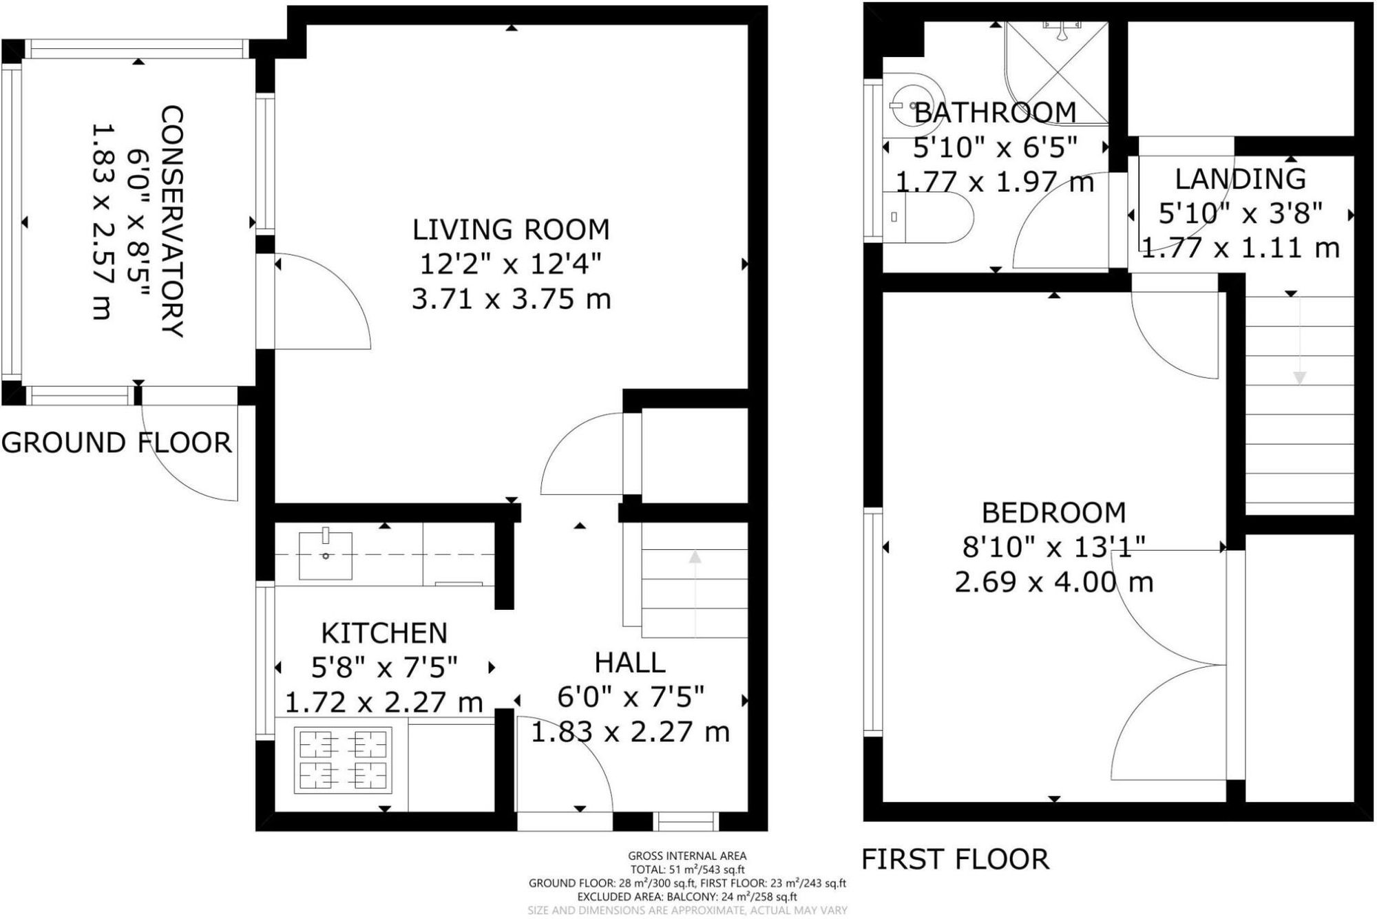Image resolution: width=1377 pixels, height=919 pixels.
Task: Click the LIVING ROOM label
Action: (511, 230)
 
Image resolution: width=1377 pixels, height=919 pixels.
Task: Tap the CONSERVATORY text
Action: (171, 221)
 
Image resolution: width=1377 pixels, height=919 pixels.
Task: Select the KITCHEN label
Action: (384, 633)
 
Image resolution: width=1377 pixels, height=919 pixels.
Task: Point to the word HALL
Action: (630, 663)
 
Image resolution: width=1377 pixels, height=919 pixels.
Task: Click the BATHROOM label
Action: (995, 112)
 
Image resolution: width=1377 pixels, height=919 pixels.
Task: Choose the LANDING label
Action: (1240, 179)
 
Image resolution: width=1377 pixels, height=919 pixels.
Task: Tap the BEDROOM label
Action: (1053, 513)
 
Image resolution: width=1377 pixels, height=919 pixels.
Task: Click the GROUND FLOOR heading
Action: (116, 443)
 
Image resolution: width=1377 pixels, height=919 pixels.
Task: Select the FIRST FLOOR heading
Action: (956, 859)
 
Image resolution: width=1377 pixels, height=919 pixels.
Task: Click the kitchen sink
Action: (326, 554)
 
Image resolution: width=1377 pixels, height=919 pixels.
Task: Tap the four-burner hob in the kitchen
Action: (343, 759)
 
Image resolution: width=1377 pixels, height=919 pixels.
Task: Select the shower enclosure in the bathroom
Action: (1056, 72)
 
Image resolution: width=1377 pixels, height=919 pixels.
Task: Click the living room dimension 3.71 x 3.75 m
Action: (511, 299)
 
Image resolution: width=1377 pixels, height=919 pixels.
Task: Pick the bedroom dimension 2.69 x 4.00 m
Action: (1053, 582)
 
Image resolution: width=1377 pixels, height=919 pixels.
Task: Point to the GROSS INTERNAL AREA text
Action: (686, 856)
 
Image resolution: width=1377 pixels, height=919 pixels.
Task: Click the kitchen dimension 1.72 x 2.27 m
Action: (384, 702)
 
